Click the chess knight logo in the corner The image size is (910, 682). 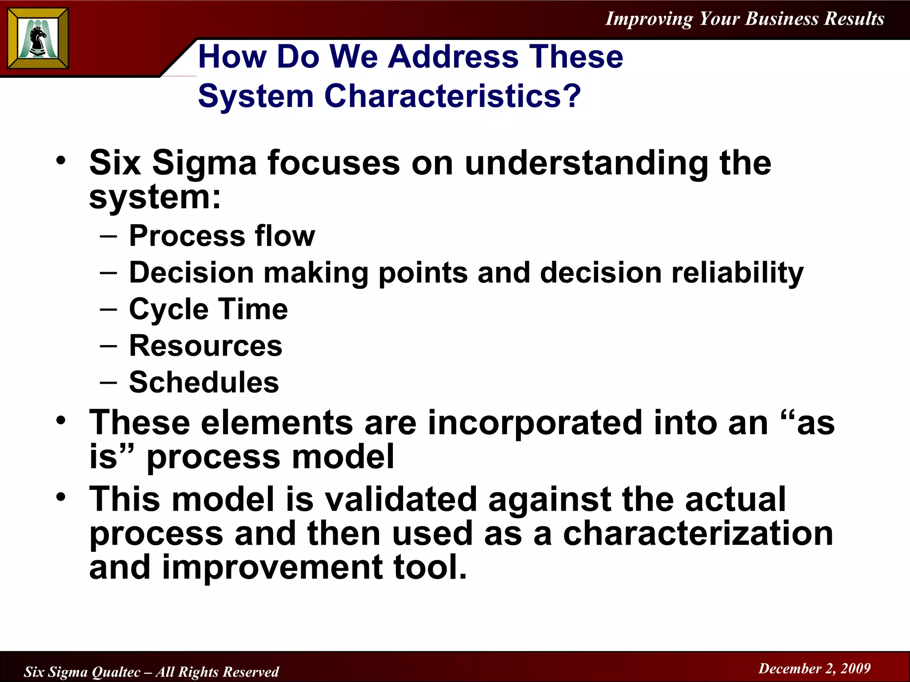38,39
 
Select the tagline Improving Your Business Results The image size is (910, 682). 745,19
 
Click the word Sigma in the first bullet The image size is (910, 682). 204,163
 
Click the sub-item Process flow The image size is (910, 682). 222,236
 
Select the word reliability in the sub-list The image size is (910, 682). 737,273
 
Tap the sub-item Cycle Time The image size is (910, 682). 208,309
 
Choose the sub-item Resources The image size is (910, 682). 205,346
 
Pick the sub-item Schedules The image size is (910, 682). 204,382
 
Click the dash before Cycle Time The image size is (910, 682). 108,309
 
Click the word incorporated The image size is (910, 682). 535,423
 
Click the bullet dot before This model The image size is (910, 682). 61,497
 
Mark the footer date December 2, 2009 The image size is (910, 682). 814,668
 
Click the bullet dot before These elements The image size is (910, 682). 61,420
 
